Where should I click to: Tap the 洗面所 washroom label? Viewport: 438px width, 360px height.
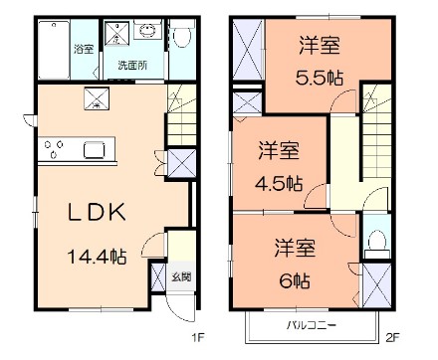130,65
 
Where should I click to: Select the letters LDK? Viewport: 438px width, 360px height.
97,214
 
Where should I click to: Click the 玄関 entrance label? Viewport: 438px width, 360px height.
175,275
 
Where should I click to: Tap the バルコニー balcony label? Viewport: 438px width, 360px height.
312,324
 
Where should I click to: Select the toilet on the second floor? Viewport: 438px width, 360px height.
375,242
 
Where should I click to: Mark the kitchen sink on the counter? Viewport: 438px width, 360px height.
97,149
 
